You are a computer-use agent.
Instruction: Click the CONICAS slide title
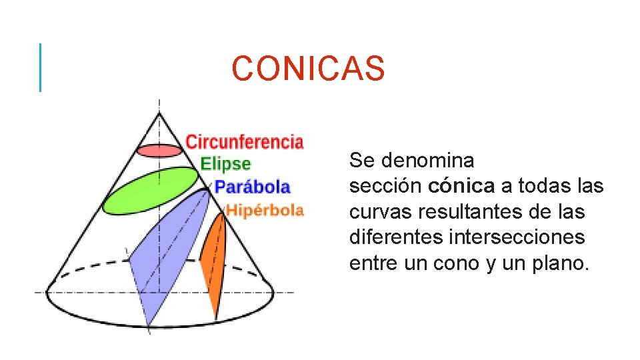tap(309, 69)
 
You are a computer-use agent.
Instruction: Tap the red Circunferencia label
tap(244, 142)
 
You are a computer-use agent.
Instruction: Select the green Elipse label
tap(225, 164)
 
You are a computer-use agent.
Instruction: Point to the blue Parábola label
tap(253, 187)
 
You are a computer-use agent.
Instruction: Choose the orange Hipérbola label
tap(265, 211)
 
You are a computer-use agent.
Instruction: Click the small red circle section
tap(159, 150)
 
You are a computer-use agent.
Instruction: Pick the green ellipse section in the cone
tap(151, 191)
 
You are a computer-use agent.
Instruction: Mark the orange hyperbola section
tap(213, 250)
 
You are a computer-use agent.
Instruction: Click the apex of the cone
tap(159, 114)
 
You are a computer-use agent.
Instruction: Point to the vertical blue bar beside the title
tap(40, 67)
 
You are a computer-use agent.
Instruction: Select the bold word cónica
tap(457, 187)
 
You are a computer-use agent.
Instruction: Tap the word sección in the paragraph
tap(385, 187)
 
